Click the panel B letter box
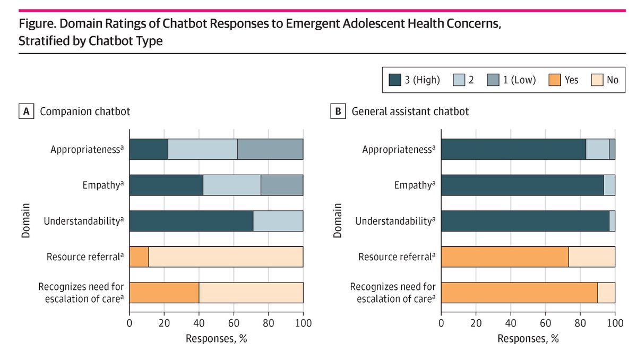coord(337,112)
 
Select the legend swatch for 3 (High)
coord(395,80)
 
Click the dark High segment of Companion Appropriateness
coord(149,149)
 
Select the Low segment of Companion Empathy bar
coord(282,185)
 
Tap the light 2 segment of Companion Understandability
coord(278,220)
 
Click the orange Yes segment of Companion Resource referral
coord(139,256)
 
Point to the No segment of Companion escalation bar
coord(251,292)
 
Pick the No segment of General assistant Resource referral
coord(591,256)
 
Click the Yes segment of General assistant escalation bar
coord(519,292)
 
